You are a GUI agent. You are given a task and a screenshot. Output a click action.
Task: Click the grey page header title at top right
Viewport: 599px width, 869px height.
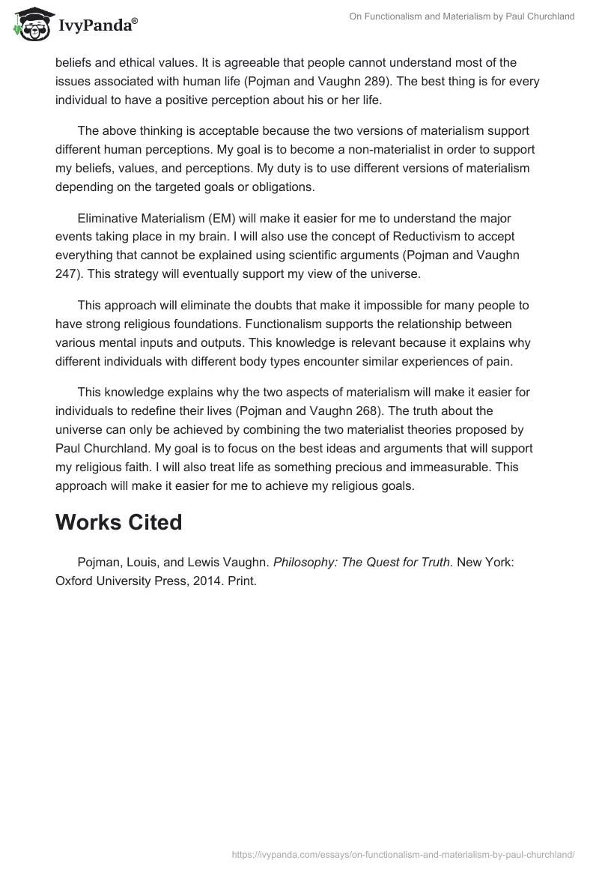click(462, 16)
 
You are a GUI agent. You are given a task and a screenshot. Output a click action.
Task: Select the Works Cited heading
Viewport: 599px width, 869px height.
click(118, 522)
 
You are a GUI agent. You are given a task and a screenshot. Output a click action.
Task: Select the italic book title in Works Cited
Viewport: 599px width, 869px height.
click(361, 562)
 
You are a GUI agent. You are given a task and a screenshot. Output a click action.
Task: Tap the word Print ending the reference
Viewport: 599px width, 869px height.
click(241, 581)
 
